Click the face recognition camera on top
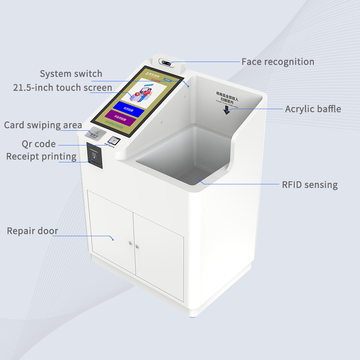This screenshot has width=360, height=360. click(168, 63)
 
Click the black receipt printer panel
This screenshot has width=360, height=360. click(95, 155)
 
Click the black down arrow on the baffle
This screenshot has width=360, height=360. click(226, 110)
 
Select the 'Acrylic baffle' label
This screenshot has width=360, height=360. click(313, 109)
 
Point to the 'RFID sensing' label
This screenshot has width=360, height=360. click(310, 185)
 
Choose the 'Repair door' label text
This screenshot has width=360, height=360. click(32, 231)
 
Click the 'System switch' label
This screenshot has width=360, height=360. click(71, 74)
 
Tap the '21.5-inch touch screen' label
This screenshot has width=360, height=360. click(63, 88)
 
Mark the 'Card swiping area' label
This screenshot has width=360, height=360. click(43, 125)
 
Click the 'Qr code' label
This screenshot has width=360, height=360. click(39, 144)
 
